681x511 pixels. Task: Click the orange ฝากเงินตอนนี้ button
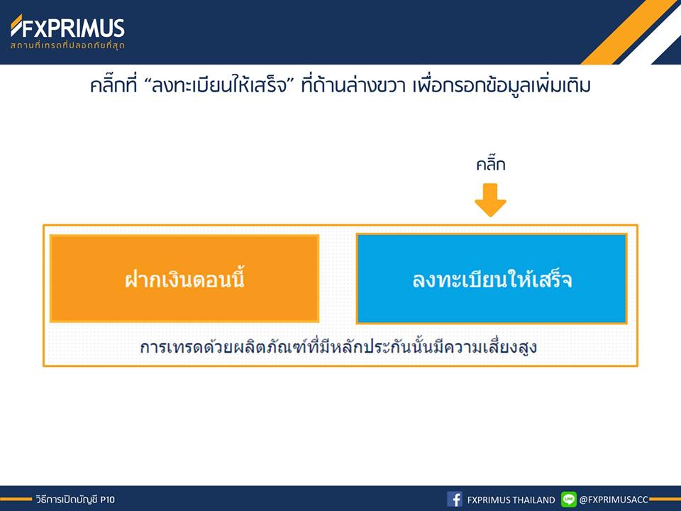click(184, 278)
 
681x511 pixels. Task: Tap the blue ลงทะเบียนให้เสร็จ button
click(492, 278)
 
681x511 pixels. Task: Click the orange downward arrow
click(490, 200)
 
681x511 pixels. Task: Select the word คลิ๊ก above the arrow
click(491, 164)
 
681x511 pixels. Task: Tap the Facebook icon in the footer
click(454, 499)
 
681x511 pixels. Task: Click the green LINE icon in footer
click(568, 499)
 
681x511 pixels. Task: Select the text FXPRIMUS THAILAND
click(511, 500)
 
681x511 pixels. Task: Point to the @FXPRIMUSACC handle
click(614, 500)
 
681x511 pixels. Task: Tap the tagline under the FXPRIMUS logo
click(68, 45)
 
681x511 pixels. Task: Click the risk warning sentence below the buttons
click(338, 347)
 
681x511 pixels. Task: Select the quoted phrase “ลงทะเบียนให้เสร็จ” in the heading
click(219, 85)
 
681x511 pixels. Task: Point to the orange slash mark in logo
click(16, 26)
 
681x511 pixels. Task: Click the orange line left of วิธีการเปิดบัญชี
click(16, 499)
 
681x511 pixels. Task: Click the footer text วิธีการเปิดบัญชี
click(67, 500)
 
